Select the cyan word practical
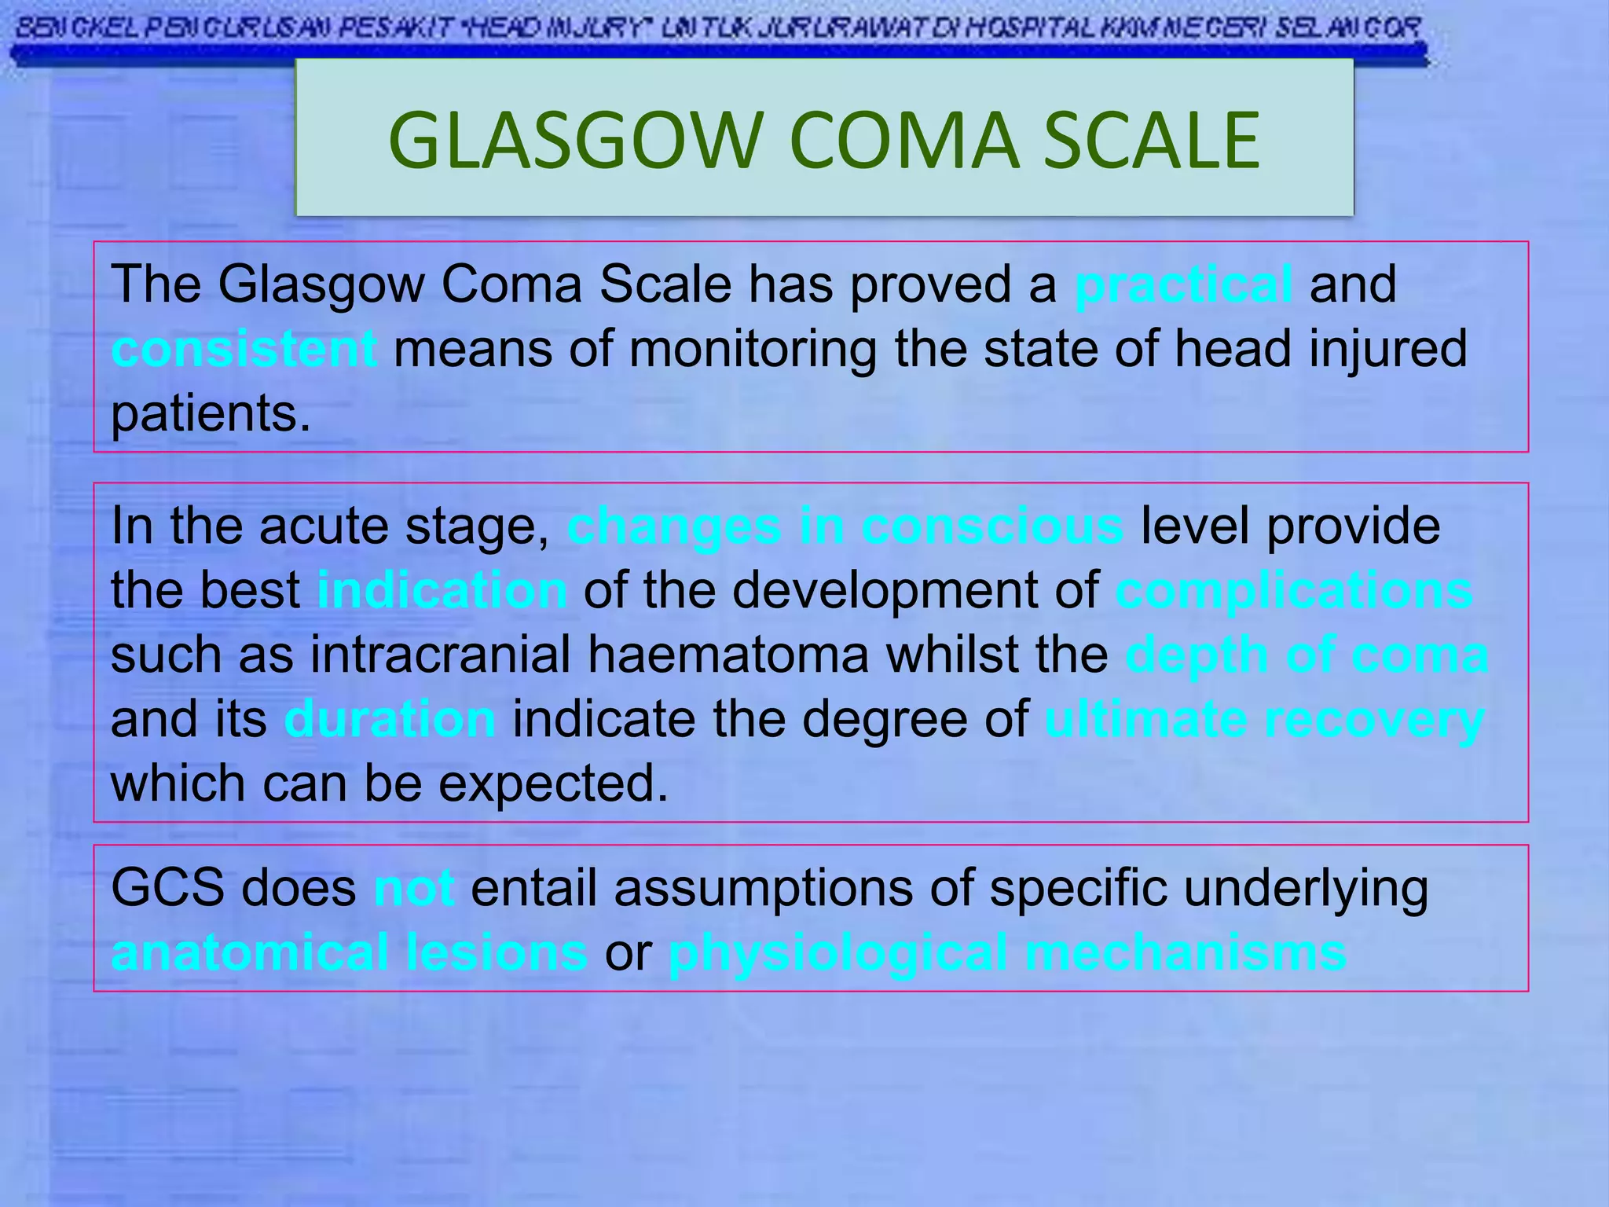[1183, 284]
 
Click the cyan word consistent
[244, 349]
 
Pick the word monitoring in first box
[753, 349]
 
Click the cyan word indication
[442, 590]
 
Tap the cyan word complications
[1294, 590]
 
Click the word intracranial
[440, 655]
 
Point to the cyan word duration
[390, 719]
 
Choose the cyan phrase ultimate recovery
[1264, 719]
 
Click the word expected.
[553, 783]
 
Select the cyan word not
[414, 888]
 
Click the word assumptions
[764, 888]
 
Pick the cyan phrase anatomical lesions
[350, 952]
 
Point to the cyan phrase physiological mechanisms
[1007, 952]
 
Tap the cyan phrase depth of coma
[1307, 655]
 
